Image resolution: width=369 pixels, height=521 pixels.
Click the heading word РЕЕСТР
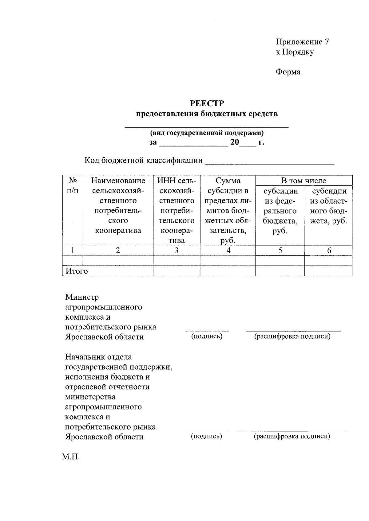click(207, 103)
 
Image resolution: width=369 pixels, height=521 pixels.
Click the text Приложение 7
click(302, 42)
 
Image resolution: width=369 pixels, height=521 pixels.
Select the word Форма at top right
click(288, 72)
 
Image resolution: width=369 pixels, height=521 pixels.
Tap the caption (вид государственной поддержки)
click(207, 133)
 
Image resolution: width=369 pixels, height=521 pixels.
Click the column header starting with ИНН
click(177, 210)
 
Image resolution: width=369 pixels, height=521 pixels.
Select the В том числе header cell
click(304, 181)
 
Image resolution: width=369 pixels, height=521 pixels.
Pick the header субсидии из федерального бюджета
click(280, 211)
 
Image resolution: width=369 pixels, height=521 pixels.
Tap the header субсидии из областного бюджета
click(328, 206)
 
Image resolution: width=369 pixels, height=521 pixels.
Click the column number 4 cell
click(228, 251)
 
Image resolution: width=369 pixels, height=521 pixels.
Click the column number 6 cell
click(329, 251)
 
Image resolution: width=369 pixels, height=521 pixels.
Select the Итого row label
click(77, 271)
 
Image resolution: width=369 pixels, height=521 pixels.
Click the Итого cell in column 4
click(228, 271)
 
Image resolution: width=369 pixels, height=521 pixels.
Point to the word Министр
click(82, 297)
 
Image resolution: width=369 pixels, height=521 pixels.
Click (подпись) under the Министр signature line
click(207, 336)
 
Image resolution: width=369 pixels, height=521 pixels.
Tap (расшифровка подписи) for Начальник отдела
click(292, 436)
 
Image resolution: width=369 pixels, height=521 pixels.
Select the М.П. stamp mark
click(71, 457)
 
